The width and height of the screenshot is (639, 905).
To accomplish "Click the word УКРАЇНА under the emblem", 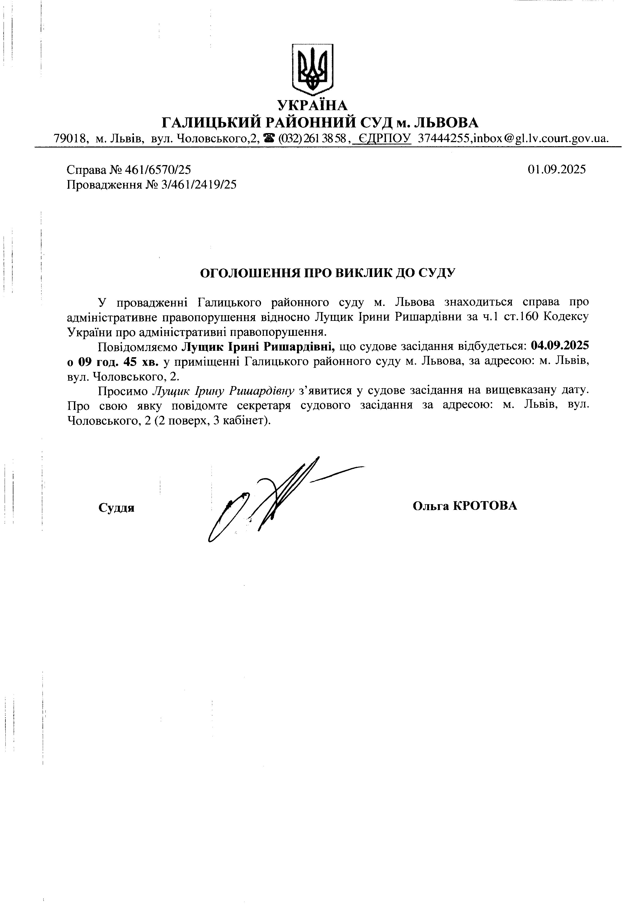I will tap(312, 105).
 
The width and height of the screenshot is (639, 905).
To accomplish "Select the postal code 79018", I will tap(70, 139).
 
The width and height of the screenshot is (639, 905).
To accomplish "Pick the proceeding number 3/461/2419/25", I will tap(199, 185).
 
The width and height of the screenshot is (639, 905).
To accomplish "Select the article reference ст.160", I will tap(520, 317).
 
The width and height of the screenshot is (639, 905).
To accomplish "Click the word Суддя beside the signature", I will tap(116, 508).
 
